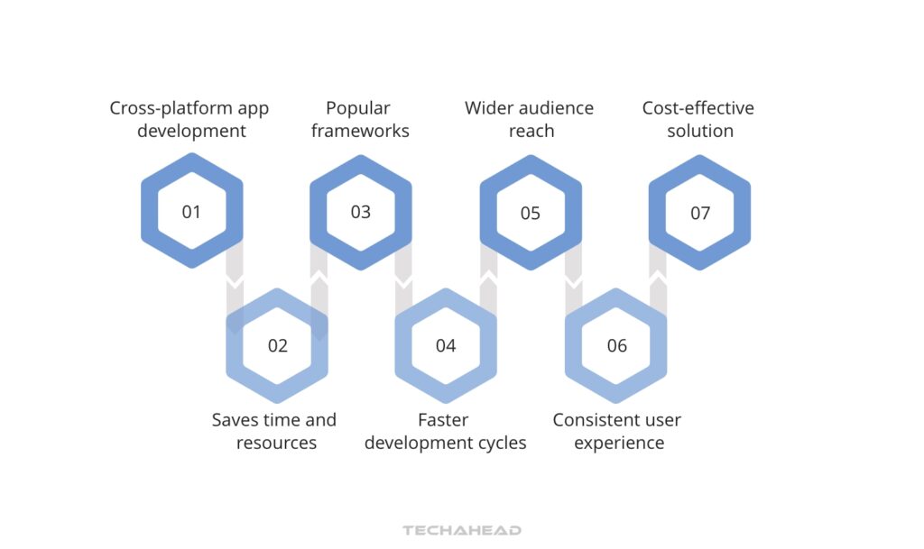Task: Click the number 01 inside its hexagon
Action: point(191,213)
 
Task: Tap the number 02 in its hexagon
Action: point(277,346)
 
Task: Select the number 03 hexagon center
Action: point(361,213)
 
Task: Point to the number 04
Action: point(446,346)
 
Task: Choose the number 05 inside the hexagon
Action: point(531,214)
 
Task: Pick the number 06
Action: point(616,346)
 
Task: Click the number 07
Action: point(700,214)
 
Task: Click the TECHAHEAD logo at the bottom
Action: point(462,530)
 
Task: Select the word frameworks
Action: point(360,131)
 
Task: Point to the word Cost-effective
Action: point(698,108)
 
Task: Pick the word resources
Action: point(276,443)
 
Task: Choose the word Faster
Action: point(444,420)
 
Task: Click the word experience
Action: point(619,443)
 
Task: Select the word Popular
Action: point(358,108)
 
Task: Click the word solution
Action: point(700,131)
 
